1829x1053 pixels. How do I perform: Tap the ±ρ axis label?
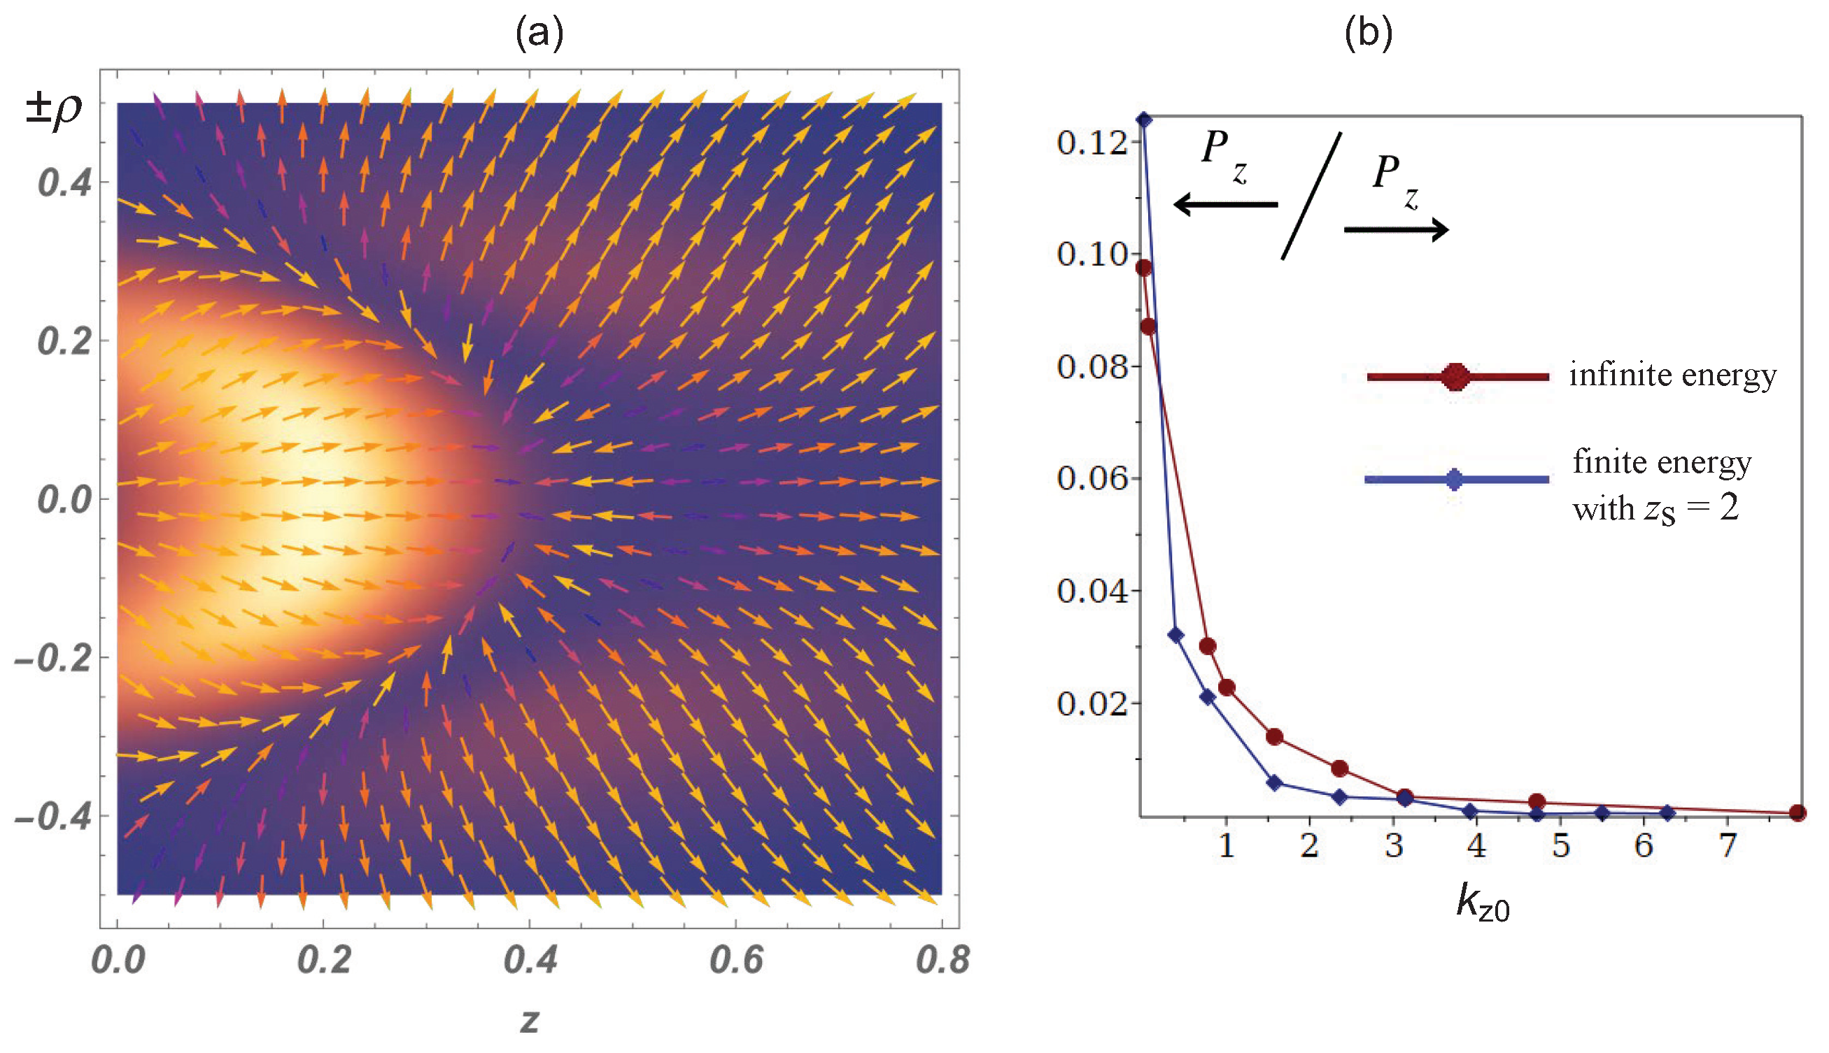click(54, 110)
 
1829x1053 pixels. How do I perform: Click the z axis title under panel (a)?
click(530, 1020)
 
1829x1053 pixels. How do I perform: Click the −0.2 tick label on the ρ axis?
click(54, 658)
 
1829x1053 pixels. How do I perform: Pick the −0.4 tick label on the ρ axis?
click(54, 817)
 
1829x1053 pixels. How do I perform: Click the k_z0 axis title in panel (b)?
click(1482, 903)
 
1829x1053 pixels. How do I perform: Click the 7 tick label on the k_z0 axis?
click(1728, 845)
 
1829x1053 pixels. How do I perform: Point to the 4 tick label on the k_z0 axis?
click(1476, 845)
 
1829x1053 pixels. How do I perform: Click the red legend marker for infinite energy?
click(1455, 377)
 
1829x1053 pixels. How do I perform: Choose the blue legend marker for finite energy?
click(1454, 479)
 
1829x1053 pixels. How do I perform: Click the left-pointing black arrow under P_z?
click(1225, 205)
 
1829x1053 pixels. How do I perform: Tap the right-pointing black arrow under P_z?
click(1396, 230)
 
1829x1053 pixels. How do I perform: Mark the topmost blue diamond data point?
click(1144, 120)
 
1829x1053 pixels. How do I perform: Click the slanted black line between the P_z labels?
click(1312, 195)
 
